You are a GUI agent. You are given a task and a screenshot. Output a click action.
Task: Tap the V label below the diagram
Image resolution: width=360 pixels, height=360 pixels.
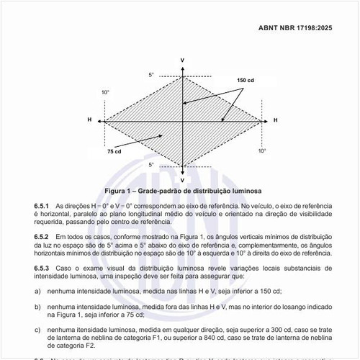pyautogui.click(x=183, y=179)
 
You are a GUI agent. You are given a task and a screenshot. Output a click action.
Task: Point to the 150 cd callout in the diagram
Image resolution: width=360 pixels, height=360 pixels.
pyautogui.click(x=246, y=80)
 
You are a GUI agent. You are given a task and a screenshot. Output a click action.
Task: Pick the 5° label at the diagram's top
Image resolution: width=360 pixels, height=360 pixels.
pyautogui.click(x=151, y=75)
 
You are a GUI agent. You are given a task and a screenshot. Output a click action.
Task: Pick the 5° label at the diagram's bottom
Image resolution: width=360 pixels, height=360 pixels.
pyautogui.click(x=151, y=165)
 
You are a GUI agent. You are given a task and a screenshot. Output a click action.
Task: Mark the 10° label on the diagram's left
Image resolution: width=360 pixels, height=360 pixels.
pyautogui.click(x=105, y=93)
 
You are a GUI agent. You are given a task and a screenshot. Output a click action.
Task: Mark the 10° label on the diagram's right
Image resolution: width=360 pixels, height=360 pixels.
pyautogui.click(x=263, y=150)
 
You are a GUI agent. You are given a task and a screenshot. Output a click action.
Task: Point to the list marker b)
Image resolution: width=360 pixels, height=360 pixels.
pyautogui.click(x=37, y=307)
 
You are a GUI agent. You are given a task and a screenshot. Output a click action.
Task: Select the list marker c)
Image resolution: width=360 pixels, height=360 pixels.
pyautogui.click(x=37, y=330)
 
